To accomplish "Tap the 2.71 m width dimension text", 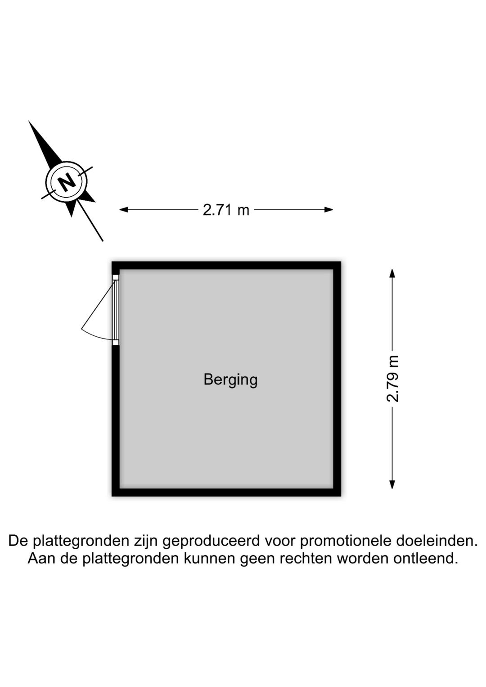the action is click(226, 210).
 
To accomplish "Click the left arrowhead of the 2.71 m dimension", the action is click(123, 210).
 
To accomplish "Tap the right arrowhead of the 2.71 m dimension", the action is click(329, 210).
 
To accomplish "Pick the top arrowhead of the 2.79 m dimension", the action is click(392, 273).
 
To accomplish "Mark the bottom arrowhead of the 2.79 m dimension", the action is click(392, 484).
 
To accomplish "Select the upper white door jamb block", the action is click(115, 277).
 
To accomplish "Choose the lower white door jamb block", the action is click(115, 343).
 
